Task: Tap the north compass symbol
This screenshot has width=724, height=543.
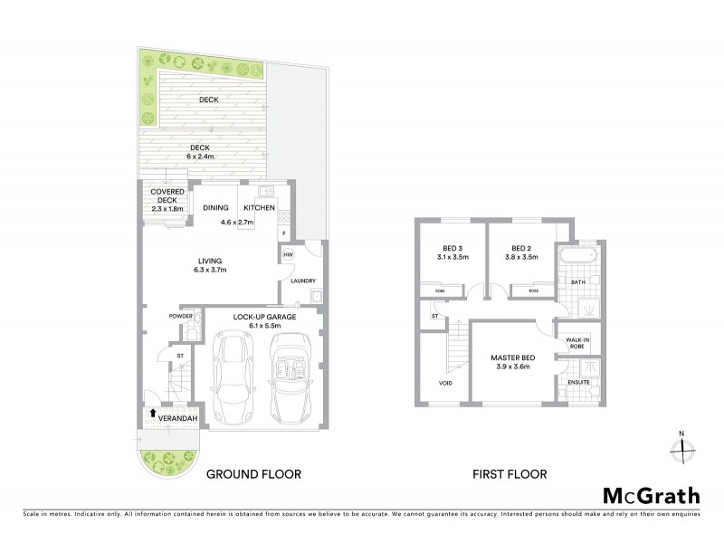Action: (x=685, y=446)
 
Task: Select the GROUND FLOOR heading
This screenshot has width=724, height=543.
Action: (x=252, y=473)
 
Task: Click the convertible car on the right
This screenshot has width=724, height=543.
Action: (x=290, y=379)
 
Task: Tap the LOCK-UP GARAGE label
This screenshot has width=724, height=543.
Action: (x=262, y=317)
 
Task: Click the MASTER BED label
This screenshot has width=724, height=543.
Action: (x=513, y=357)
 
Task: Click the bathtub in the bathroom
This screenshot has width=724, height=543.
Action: (x=575, y=255)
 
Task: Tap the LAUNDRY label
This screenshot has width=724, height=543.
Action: (x=302, y=281)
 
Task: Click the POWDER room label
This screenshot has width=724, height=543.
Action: (x=181, y=316)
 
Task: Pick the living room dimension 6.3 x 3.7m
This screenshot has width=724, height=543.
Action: (x=208, y=269)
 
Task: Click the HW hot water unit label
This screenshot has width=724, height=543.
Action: (x=287, y=255)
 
